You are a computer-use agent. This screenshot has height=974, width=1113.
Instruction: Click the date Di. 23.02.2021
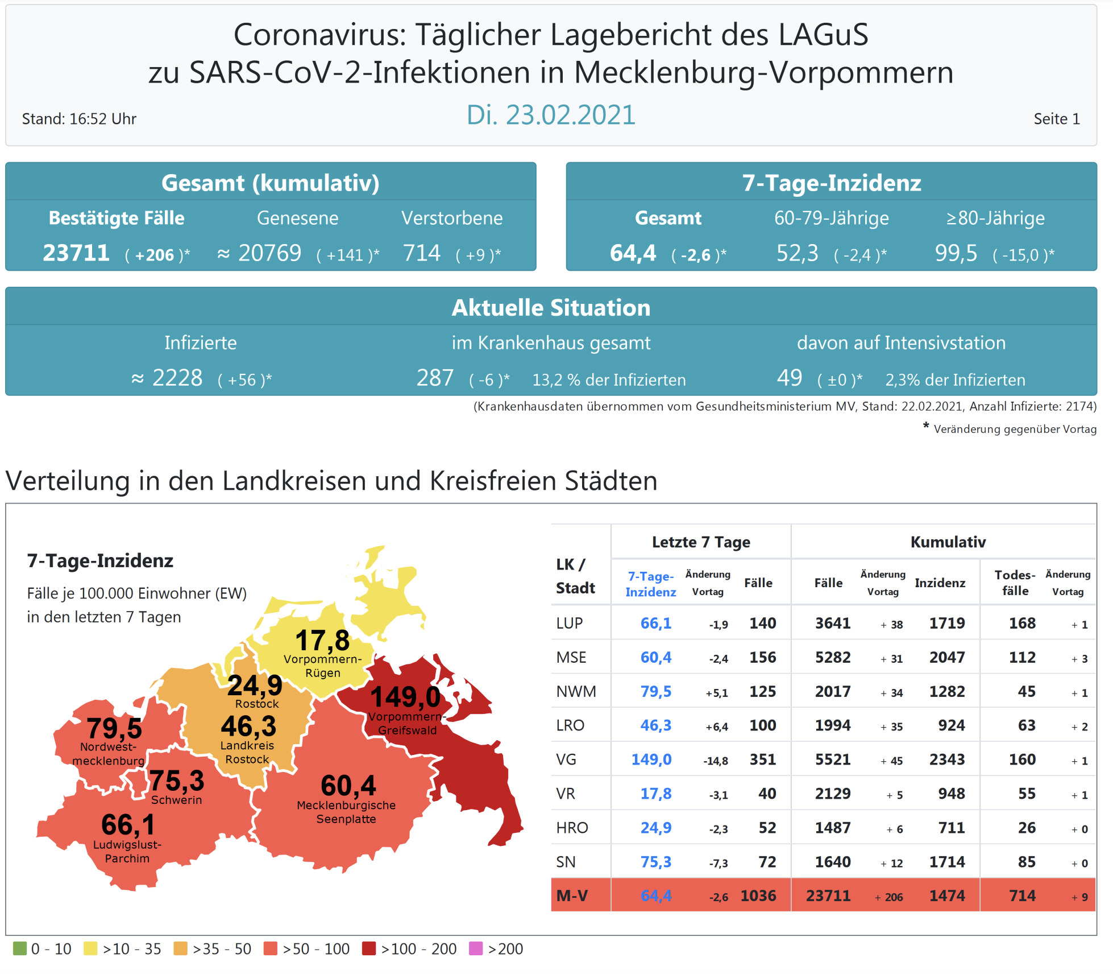click(550, 115)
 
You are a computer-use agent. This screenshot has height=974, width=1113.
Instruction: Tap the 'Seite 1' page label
click(1056, 119)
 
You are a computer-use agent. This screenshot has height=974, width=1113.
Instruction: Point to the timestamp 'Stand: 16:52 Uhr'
click(79, 119)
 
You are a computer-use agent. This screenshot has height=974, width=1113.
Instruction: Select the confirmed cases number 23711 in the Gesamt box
click(76, 253)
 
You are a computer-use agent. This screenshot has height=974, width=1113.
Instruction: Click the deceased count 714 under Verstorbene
click(421, 253)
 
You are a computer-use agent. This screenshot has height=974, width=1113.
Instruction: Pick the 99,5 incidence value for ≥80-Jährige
click(956, 253)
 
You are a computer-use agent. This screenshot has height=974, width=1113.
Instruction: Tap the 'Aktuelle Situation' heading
click(550, 308)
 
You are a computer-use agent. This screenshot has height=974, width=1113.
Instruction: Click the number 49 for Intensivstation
click(789, 378)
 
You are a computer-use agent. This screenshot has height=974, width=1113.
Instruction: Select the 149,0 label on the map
click(405, 697)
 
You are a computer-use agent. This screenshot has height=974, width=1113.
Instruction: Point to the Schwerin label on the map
click(176, 800)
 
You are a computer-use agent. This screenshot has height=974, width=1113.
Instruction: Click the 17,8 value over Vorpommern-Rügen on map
click(322, 641)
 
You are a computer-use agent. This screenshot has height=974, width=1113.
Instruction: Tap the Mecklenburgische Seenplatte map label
click(346, 812)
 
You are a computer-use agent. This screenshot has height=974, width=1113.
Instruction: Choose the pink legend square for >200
click(475, 948)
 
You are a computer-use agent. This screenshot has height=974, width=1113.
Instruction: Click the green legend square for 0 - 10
click(20, 948)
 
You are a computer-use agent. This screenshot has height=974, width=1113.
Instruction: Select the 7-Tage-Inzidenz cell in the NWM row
click(655, 691)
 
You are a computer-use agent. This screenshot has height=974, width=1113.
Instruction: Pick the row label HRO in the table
click(572, 828)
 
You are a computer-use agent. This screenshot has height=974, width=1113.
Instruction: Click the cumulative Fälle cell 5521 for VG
click(832, 760)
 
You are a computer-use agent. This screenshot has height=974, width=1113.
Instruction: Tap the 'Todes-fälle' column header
click(1015, 583)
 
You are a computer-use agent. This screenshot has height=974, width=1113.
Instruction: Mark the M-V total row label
click(572, 896)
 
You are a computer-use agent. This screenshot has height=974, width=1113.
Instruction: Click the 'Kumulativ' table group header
click(948, 542)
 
